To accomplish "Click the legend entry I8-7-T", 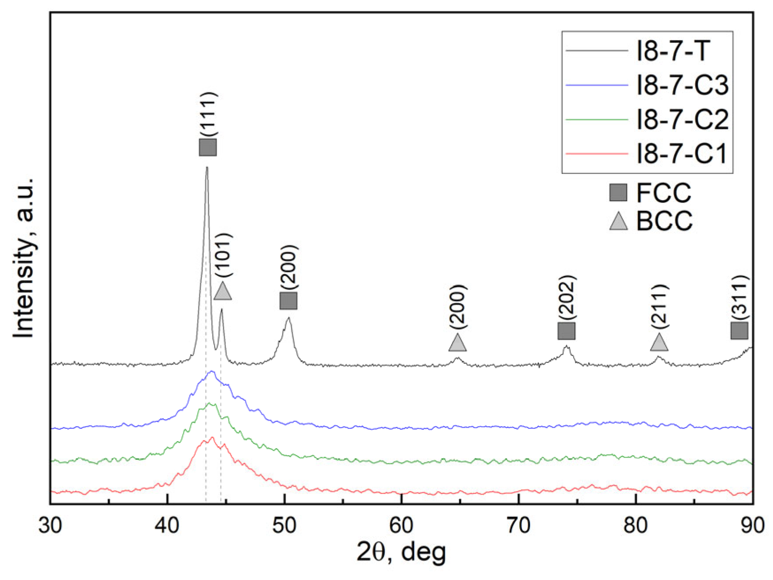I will click(672, 51).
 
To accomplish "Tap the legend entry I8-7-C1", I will click(681, 154).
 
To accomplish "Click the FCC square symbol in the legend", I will click(618, 193).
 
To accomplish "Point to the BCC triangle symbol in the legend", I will click(618, 221).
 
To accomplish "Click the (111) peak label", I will click(208, 114).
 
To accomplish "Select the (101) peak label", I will click(223, 255).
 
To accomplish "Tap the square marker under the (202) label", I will click(566, 331).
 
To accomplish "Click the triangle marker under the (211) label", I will click(659, 342).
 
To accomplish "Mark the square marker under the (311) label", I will click(739, 331).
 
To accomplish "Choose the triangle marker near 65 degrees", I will click(457, 343).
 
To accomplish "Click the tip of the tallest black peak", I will click(207, 168).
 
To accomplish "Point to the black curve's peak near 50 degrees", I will click(289, 318).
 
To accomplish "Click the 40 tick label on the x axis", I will click(168, 526).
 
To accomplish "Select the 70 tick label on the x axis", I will click(518, 526).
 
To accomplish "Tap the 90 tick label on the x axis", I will click(752, 526).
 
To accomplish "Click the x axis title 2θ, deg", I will click(401, 552).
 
